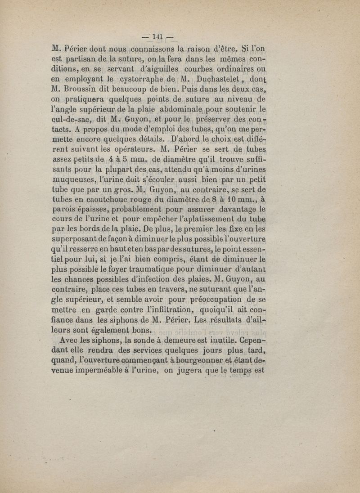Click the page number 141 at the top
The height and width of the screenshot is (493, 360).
(157, 36)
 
